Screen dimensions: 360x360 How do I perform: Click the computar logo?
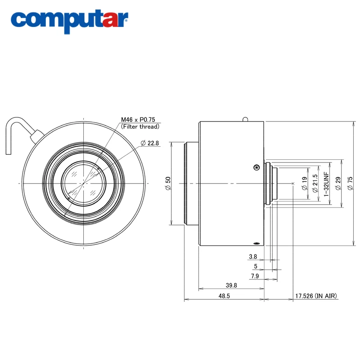(x=69, y=21)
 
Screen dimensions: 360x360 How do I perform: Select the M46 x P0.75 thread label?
(x=138, y=120)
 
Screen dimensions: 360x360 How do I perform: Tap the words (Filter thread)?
(x=140, y=126)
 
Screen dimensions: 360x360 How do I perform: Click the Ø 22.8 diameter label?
(x=150, y=143)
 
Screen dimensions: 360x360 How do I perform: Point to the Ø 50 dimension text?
(x=168, y=183)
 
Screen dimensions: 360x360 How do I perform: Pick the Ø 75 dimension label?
(x=350, y=183)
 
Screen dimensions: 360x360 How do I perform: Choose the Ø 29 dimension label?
(x=338, y=183)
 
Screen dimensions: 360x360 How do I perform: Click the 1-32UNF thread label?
(x=326, y=184)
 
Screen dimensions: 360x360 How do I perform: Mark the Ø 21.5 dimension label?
(x=315, y=183)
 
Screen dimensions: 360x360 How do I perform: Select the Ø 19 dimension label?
(x=305, y=183)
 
